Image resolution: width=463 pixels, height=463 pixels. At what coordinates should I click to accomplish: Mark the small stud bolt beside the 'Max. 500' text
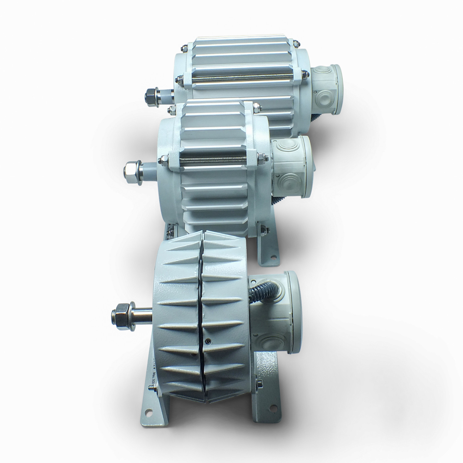151,387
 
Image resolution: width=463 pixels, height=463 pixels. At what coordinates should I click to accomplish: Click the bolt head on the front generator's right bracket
259,384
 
